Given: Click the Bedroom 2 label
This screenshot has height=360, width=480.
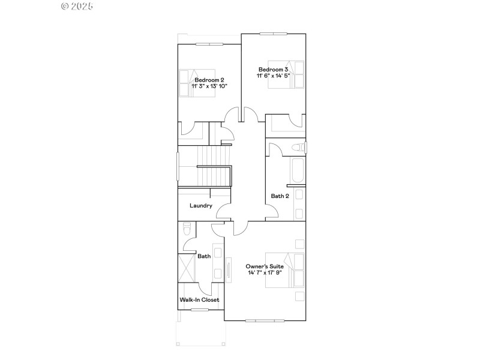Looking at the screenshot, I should [x=209, y=80].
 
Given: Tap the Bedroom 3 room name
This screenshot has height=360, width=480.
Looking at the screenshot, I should [x=273, y=69].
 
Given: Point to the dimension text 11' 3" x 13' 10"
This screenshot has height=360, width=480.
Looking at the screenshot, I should [x=209, y=86].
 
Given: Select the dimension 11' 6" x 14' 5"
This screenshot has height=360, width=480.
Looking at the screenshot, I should [x=273, y=76].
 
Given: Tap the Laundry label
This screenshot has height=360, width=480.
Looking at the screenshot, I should [x=201, y=206].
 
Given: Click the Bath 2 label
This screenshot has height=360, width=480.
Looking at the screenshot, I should [x=280, y=196].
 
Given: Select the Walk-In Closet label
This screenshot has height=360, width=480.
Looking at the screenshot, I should [x=200, y=299].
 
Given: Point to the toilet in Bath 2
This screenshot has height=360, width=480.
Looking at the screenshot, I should [x=298, y=148].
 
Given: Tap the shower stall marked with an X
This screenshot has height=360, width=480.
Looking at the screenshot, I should [x=187, y=268].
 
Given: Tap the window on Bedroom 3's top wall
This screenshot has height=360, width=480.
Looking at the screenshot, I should [x=273, y=34].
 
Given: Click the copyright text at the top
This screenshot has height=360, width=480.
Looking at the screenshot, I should [x=77, y=6].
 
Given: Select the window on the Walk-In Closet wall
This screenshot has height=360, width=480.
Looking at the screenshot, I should [x=200, y=310].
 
